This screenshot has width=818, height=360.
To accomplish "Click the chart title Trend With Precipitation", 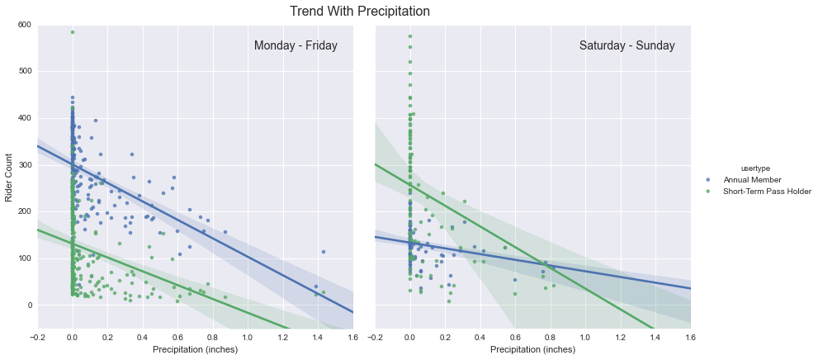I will (x=359, y=12).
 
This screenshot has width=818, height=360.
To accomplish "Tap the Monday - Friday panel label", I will (x=296, y=46).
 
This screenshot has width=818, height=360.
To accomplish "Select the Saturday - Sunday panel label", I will (x=627, y=46).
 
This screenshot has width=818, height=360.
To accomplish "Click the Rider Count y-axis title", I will (x=10, y=178).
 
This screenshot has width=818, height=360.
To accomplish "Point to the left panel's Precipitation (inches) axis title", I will (x=195, y=350).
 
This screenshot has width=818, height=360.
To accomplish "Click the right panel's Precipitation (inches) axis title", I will (x=533, y=350).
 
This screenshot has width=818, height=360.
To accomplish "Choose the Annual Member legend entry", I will (x=752, y=179).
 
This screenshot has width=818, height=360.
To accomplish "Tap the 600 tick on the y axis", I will (x=24, y=25).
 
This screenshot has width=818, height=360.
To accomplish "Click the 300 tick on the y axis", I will (x=24, y=165).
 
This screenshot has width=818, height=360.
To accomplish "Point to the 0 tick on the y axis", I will (x=29, y=306).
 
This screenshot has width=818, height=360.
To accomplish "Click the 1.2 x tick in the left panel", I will (x=282, y=337).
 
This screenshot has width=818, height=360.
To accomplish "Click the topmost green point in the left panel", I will (x=73, y=32).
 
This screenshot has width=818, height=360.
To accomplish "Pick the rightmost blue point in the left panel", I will (x=324, y=252).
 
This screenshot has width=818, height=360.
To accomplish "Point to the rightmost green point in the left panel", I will (x=324, y=292).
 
